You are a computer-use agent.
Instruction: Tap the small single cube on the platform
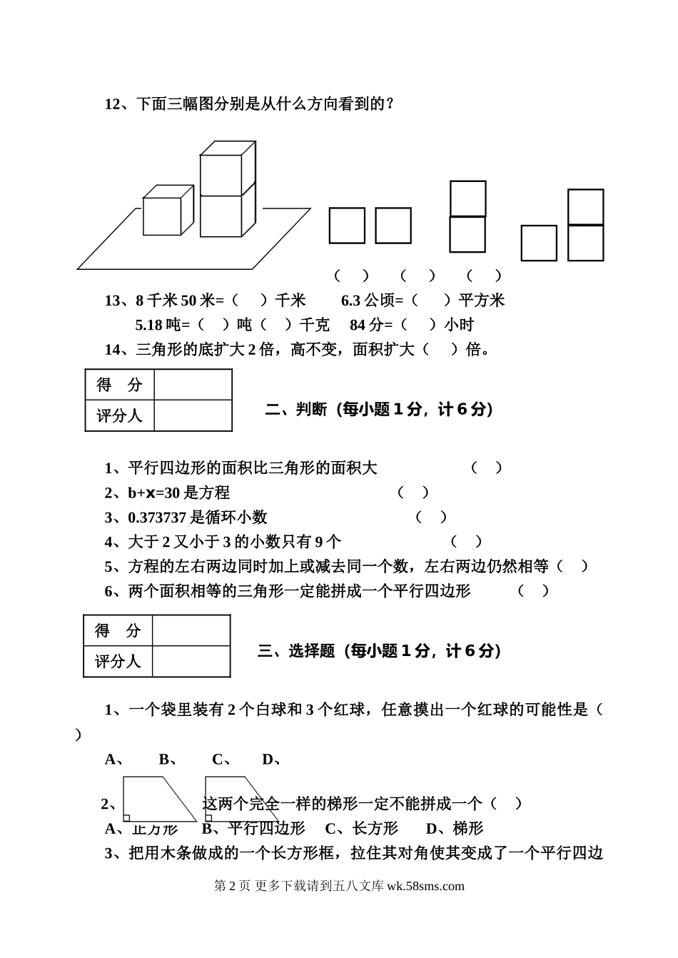coord(163,216)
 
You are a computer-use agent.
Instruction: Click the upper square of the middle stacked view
coord(467,198)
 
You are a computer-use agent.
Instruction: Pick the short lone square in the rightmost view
coord(539,243)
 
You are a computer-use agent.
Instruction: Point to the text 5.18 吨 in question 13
coord(158,325)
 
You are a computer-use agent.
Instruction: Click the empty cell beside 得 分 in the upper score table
coord(193,385)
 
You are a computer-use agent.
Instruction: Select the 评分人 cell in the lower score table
coord(118,661)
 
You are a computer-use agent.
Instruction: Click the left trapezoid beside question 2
coord(153,800)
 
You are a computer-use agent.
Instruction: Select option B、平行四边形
coord(253,828)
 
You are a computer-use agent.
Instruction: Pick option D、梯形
coord(455,828)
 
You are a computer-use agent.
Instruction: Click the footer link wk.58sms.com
coord(425,886)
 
